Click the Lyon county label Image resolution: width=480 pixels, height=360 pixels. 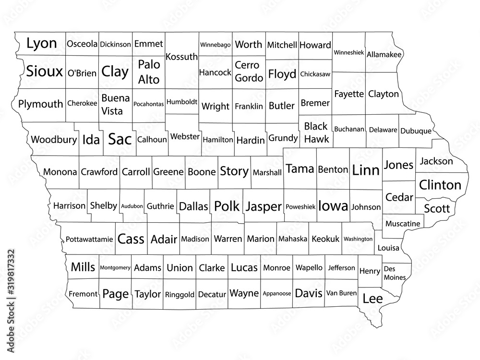coord(41,44)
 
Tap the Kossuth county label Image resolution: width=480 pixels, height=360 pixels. coord(181,57)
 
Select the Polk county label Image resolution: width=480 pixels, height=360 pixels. coord(226,206)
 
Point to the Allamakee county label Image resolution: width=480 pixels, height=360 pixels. coord(384,55)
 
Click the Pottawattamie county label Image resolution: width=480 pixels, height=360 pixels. coord(89,239)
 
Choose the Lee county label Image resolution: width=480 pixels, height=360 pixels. coord(372,299)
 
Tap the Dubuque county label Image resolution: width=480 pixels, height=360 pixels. coord(416,130)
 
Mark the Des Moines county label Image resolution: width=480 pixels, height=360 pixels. coord(394,273)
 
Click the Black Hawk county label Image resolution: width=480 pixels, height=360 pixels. coord(316,132)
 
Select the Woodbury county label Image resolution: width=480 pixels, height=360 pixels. coord(54,140)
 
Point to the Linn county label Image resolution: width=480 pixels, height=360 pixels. coord(366,169)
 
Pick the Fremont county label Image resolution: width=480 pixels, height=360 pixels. coord(83,294)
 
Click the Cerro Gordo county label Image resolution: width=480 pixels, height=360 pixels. coord(249,71)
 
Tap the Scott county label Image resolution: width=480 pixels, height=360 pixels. coord(437,209)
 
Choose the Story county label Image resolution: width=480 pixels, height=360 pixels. coord(234,171)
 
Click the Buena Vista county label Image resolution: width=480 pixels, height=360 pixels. coord(115,104)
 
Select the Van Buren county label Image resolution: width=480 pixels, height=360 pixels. coord(341,293)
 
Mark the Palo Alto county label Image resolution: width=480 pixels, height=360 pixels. coord(149,72)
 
